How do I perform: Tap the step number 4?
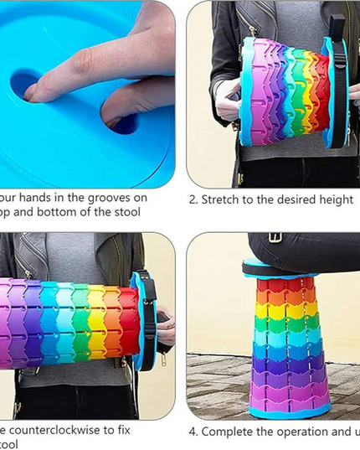point(192,432)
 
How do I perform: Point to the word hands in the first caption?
point(38,199)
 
